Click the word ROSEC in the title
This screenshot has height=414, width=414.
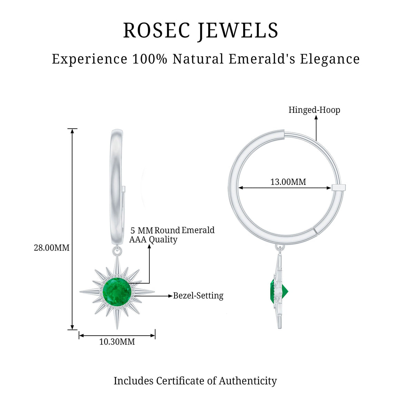point(157,30)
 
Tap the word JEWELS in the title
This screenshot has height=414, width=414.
point(238,31)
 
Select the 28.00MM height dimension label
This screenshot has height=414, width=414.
point(51,248)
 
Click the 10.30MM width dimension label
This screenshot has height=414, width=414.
point(117,342)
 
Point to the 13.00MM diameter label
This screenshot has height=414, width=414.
point(288,182)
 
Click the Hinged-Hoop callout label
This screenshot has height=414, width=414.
point(314,110)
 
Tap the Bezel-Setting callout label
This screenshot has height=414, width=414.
point(198,296)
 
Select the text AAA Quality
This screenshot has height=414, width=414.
point(153,239)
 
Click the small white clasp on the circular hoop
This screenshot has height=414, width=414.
point(338,187)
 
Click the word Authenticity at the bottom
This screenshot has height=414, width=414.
point(248,381)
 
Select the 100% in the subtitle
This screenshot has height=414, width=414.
point(150,59)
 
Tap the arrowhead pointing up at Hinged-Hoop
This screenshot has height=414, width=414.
point(316,117)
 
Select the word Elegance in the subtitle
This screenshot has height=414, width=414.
point(330,59)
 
